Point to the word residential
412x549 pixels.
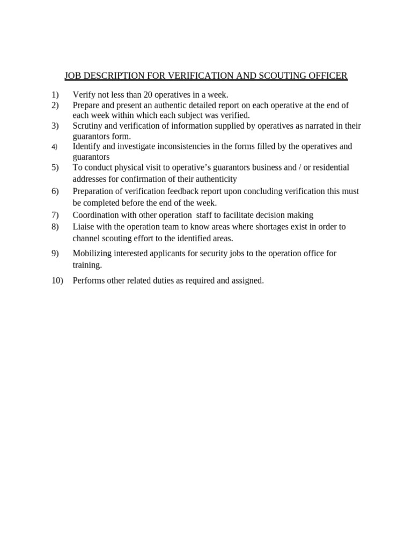coord(329,167)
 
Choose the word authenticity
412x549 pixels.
coord(217,179)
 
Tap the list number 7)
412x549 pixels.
coord(55,215)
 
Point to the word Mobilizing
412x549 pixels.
coord(92,253)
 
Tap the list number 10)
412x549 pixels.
coord(57,280)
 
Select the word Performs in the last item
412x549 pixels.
coord(89,280)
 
